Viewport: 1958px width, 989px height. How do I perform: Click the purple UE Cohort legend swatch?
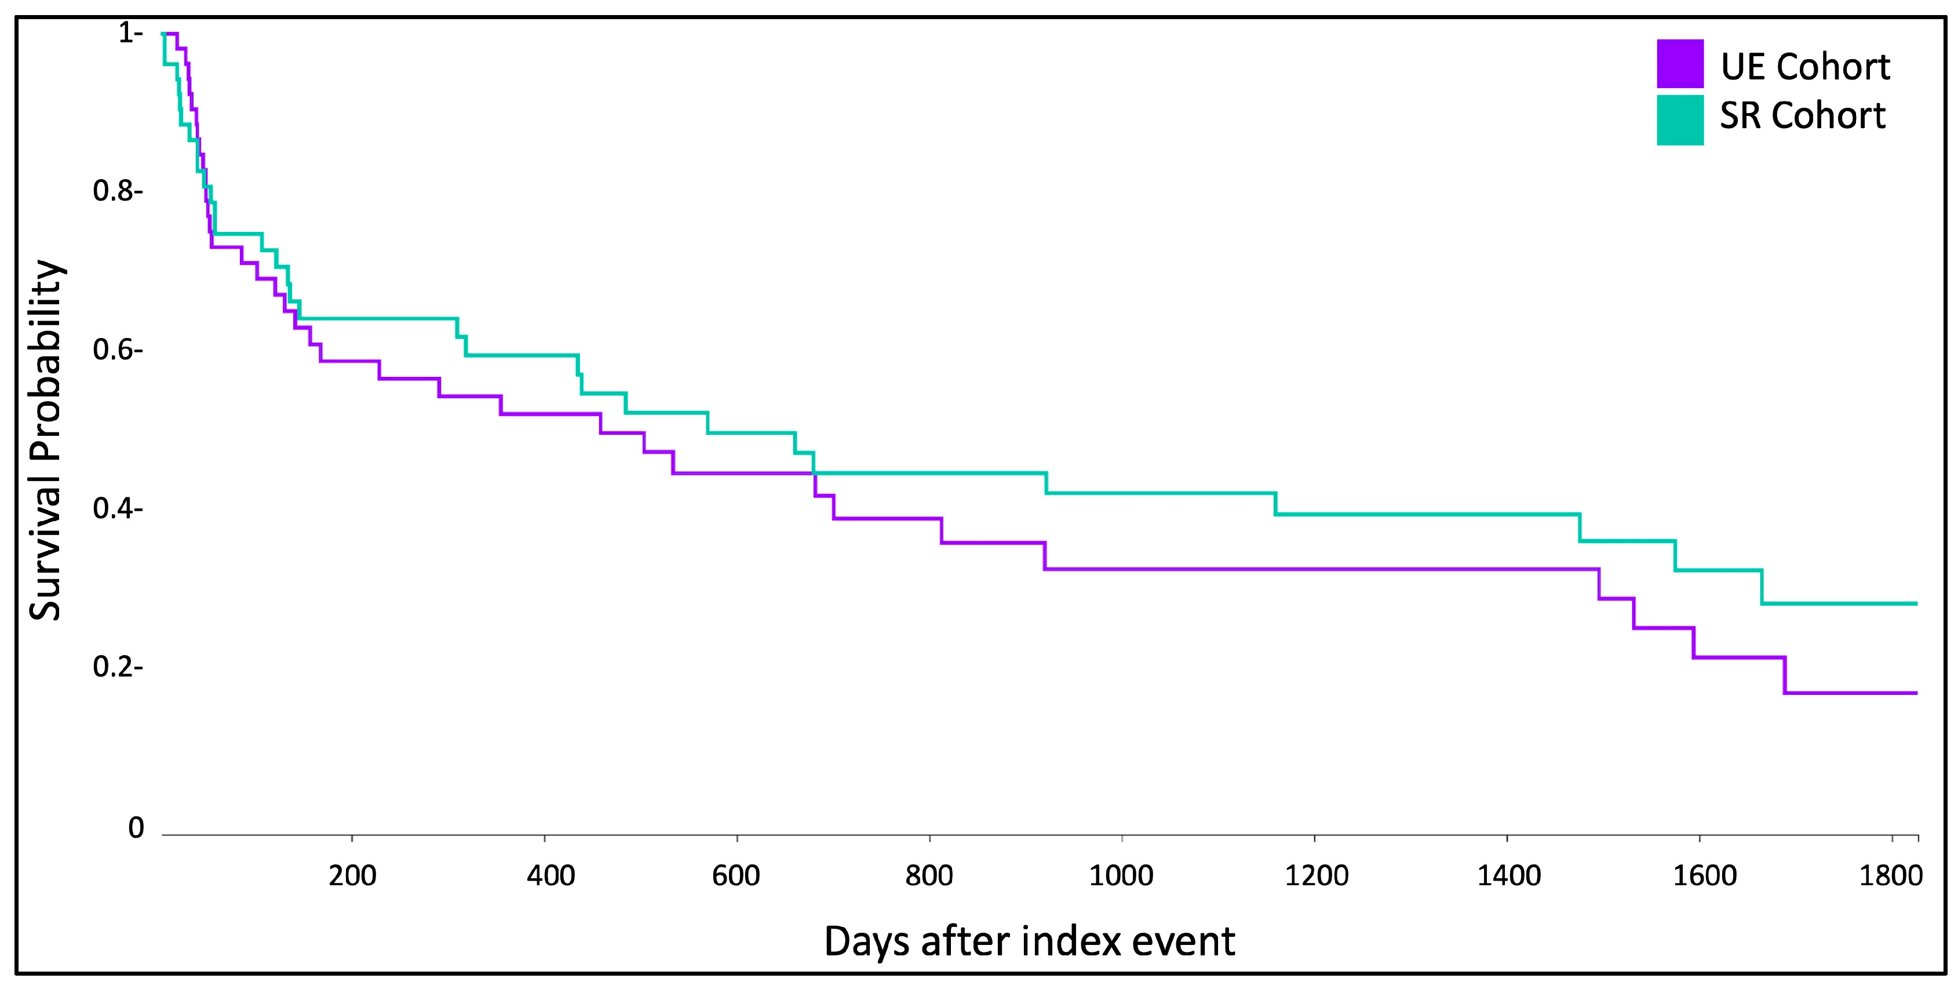point(1680,64)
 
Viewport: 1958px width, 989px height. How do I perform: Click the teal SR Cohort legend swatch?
point(1680,120)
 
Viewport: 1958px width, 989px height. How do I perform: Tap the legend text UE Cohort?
point(1805,67)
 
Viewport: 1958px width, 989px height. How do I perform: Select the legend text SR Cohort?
point(1803,115)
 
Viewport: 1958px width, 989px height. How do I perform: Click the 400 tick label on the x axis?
point(550,876)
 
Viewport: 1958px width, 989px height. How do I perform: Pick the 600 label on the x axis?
point(736,876)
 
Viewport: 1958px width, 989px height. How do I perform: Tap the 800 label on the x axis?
point(929,876)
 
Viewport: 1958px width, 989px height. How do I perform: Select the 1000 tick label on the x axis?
point(1121,876)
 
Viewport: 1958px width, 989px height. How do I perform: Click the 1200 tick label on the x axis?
point(1317,876)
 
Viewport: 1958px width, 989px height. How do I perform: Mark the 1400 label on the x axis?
point(1509,876)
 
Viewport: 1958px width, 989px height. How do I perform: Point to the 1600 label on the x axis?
point(1705,876)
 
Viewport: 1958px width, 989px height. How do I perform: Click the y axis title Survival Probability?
point(46,440)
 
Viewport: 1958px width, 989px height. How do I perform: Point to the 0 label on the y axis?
point(136,828)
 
